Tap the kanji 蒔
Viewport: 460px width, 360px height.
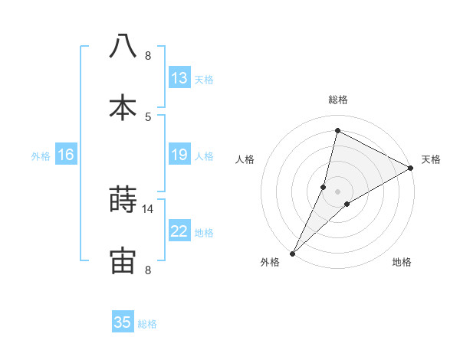[123, 200]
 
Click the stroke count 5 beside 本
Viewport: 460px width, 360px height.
[148, 116]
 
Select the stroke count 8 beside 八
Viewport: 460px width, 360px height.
[148, 55]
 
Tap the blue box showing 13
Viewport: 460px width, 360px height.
[179, 77]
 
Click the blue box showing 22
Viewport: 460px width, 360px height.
[179, 231]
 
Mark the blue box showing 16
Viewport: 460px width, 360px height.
[66, 155]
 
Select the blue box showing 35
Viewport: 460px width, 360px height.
[123, 322]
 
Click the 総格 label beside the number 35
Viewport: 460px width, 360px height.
[148, 324]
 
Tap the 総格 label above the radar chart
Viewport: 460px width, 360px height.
[337, 100]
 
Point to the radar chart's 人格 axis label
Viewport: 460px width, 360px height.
[245, 159]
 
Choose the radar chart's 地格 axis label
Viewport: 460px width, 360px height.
[402, 262]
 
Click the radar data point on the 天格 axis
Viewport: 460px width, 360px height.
[411, 169]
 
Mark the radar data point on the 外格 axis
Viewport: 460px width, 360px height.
[292, 253]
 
